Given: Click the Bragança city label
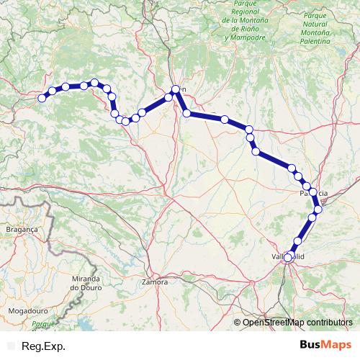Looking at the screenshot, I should tap(21, 227).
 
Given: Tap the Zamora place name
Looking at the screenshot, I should tap(156, 282).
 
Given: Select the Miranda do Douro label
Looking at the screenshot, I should tap(91, 282).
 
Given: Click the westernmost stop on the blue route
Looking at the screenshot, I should tap(42, 98).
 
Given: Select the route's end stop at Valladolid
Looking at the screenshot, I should tap(288, 257).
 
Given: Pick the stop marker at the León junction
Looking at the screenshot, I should tap(174, 89).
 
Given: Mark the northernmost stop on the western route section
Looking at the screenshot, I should tap(94, 83).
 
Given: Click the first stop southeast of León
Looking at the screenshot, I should tap(186, 113).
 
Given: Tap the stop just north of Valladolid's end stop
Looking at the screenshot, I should tap(298, 240).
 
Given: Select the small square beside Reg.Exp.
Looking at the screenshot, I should tap(11, 346).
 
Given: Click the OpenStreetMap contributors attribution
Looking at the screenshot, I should tap(298, 323).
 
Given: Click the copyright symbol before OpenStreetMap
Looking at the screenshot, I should tap(238, 323).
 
